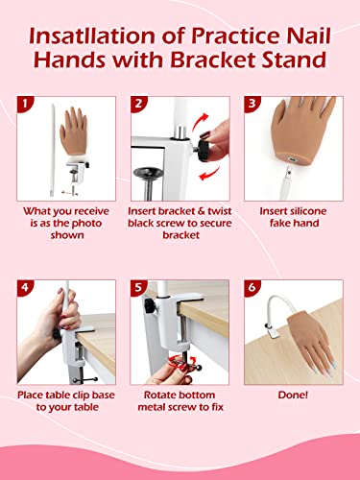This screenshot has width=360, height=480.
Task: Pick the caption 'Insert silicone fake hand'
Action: (x=297, y=217)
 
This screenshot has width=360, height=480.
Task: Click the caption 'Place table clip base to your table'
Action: (x=64, y=402)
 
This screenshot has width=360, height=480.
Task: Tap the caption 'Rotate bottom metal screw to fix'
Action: (x=180, y=402)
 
